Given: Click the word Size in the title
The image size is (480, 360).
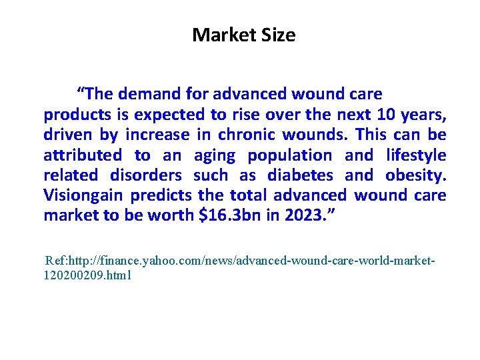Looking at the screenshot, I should [x=277, y=35].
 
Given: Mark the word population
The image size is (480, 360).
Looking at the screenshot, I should [x=289, y=155].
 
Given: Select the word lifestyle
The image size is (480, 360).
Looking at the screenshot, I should [x=416, y=155].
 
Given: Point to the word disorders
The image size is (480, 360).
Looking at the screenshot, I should [x=146, y=175].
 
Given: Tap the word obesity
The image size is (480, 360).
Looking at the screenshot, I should [x=415, y=175].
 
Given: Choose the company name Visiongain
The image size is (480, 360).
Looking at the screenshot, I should [x=83, y=195].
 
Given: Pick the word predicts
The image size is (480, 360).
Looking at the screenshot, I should [x=161, y=195].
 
